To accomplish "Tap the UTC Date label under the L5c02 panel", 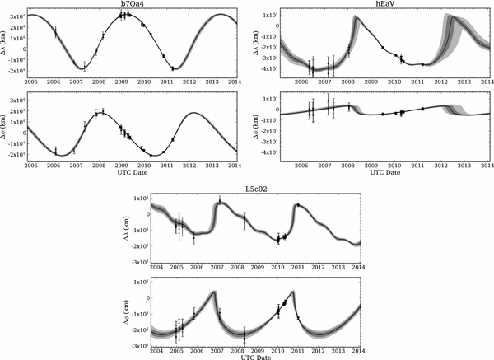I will [x=255, y=356].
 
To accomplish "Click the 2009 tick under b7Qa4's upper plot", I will [x=121, y=83].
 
